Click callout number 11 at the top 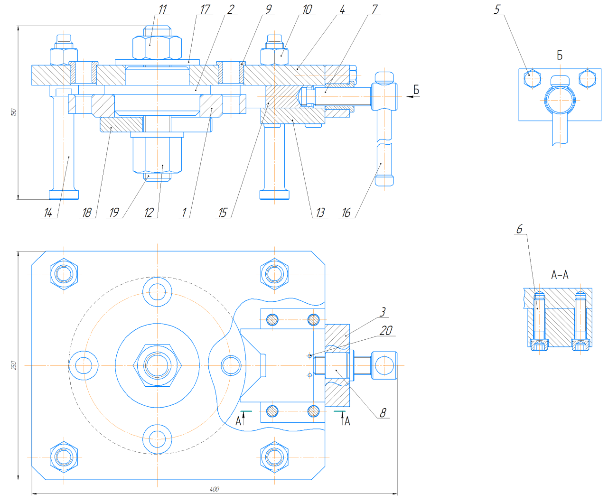163,9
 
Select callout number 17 205,9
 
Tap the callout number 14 48,213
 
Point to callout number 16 346,213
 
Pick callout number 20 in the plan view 386,330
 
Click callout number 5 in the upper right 497,9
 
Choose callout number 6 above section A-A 519,229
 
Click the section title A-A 560,275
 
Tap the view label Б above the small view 560,56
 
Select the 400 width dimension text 214,489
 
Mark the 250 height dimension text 14,365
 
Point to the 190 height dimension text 14,112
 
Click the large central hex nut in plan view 158,365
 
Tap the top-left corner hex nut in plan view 64,274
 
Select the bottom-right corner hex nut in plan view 274,457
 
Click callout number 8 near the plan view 383,413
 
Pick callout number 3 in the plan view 383,312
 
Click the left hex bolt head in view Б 532,78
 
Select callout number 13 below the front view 320,213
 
